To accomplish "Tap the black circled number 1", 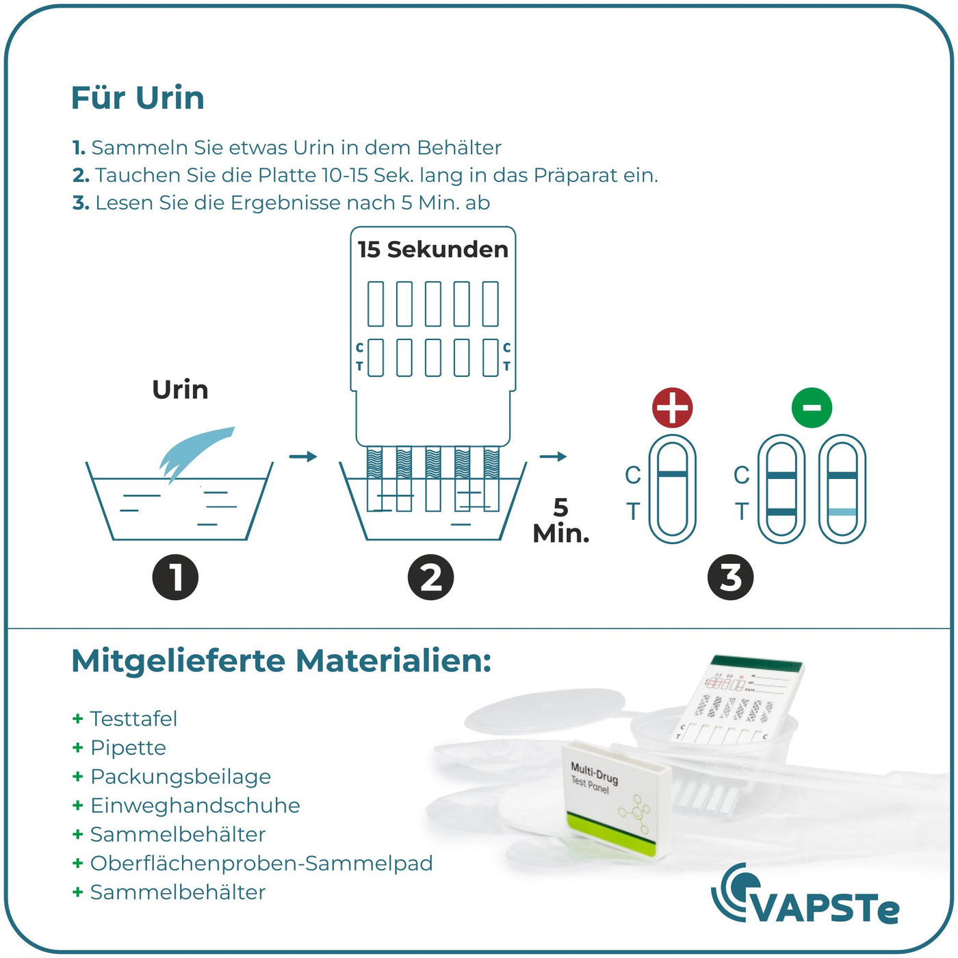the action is tap(175, 577).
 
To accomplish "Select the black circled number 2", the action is tap(430, 577).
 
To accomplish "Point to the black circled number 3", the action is tap(730, 577).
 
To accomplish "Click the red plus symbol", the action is tap(672, 408).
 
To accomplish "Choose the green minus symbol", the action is tap(812, 408).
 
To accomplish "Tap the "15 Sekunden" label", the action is tap(433, 250).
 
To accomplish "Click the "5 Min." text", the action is tap(561, 521).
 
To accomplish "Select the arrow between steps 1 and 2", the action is tap(302, 456).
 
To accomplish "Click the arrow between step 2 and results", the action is tap(553, 456).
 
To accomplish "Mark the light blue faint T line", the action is tap(842, 512).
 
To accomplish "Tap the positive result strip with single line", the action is tap(672, 489).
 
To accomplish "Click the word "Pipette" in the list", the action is tap(128, 748).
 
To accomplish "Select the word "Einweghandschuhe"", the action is tap(196, 805).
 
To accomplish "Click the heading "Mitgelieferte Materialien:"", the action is tap(281, 662).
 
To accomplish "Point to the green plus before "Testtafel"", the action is tap(77, 718).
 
